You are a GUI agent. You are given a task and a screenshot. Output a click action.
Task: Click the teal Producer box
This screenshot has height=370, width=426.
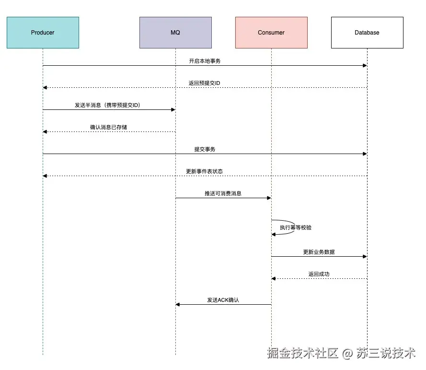point(43,33)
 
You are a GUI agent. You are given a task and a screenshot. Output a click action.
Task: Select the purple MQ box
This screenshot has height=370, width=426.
point(175,33)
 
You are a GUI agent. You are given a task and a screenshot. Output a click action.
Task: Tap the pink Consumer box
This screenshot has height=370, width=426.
point(271,33)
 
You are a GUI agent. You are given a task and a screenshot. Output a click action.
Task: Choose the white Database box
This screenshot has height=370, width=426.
point(367,33)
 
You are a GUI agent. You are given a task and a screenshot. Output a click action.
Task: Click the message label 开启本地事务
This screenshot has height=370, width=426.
point(205,61)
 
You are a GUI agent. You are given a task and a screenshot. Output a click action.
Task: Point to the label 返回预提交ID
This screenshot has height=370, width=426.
point(204,84)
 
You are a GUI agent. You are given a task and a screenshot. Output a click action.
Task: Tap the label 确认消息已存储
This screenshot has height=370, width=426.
point(109,128)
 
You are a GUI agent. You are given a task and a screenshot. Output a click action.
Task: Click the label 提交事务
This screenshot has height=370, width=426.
point(205,150)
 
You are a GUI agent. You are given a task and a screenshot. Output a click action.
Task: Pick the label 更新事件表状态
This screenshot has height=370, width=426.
point(204,172)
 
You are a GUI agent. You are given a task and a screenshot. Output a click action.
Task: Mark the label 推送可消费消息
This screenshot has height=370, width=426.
point(223,194)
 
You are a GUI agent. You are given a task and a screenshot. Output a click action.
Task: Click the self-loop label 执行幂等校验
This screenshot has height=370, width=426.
point(296,227)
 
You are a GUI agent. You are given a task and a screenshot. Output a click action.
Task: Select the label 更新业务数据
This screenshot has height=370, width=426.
point(319,252)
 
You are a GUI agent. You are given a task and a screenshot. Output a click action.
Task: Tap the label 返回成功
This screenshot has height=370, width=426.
point(319,275)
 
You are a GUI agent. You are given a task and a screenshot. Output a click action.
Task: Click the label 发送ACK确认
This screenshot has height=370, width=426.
point(223,300)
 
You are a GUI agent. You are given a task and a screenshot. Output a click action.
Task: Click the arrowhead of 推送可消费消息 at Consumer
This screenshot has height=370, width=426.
point(269,198)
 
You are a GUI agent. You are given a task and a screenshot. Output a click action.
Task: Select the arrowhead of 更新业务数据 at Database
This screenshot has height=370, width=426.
point(365,256)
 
